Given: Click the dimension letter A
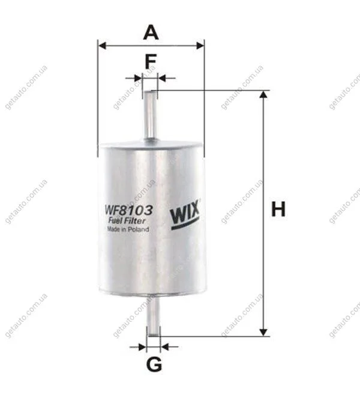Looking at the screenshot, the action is (x=151, y=32).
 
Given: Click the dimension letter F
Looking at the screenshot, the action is (x=151, y=62).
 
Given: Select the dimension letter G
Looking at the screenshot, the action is (x=154, y=364).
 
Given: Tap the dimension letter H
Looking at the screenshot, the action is (x=278, y=209).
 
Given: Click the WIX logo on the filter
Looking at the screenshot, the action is (x=185, y=215).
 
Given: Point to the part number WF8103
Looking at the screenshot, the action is (x=128, y=210).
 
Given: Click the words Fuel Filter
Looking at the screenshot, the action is (x=127, y=221).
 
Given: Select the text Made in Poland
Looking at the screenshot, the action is (x=128, y=229).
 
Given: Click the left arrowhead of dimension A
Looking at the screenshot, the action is (x=102, y=46).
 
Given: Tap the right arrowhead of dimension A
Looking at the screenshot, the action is (x=200, y=46).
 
